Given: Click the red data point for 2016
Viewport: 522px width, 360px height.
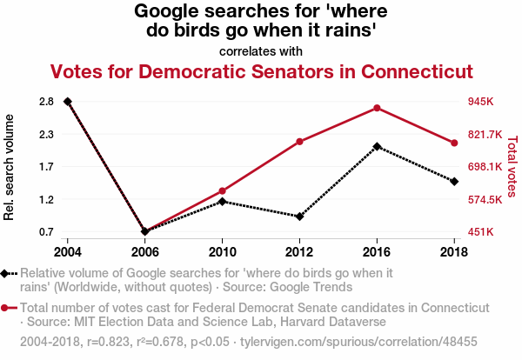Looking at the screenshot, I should point(377,108).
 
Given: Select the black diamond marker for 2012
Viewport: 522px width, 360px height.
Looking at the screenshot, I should point(299,217).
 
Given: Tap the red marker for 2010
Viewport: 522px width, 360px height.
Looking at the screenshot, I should point(223,190).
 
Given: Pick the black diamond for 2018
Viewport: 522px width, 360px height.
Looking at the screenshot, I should point(454,181).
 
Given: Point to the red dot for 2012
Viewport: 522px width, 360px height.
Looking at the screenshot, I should point(299,142).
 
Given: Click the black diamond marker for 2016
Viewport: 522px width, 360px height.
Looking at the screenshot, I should point(377,146).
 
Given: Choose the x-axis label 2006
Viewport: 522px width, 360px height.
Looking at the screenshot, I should point(145,251).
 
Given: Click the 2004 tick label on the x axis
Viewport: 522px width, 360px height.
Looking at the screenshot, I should point(68,251).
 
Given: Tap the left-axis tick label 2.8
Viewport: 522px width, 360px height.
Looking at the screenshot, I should point(47,102).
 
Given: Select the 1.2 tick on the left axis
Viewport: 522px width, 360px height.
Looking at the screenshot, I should point(47,199).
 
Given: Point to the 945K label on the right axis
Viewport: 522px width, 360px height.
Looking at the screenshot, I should point(482,102).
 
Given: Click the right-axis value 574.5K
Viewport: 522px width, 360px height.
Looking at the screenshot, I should point(485,199).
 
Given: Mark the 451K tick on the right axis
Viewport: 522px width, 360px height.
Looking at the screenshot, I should point(482,232).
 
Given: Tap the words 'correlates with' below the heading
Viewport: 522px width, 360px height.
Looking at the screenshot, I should point(261,50).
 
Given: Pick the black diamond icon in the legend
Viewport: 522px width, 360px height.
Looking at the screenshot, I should point(5,273).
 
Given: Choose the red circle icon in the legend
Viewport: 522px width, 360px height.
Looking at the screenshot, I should point(5,308).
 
